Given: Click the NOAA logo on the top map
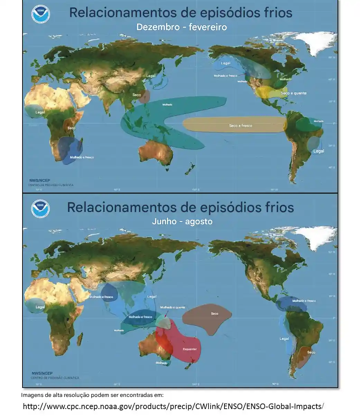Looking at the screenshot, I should coord(41,14).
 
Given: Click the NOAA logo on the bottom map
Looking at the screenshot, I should coord(40,209).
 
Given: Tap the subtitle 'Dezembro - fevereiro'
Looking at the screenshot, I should coord(182,27).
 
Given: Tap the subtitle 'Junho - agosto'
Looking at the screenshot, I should coord(182,221).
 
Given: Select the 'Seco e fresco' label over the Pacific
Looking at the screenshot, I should coord(241,126).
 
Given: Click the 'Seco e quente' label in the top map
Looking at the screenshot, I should coord(293,93).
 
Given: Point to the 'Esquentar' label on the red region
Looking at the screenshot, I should coord(190,349).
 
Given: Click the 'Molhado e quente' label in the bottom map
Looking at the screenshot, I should coord(173,307).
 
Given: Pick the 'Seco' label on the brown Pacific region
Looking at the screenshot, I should coord(214,314).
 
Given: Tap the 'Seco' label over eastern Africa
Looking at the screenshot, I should coord(71,128).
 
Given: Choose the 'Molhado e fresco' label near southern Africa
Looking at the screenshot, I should coord(82,157).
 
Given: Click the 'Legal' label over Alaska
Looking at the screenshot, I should coord(225,63).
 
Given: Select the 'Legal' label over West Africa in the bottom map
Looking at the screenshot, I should coord(40,307).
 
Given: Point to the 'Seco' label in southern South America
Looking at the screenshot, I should coord(311,352).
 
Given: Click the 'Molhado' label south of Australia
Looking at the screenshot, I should coord(161,363).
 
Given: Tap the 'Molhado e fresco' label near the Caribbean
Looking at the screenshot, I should coord(304,301).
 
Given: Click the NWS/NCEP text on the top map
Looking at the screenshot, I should coord(40,180).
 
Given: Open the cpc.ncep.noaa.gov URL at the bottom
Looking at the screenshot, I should coord(173,406).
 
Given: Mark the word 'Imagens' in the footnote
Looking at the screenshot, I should coord(32,395).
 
